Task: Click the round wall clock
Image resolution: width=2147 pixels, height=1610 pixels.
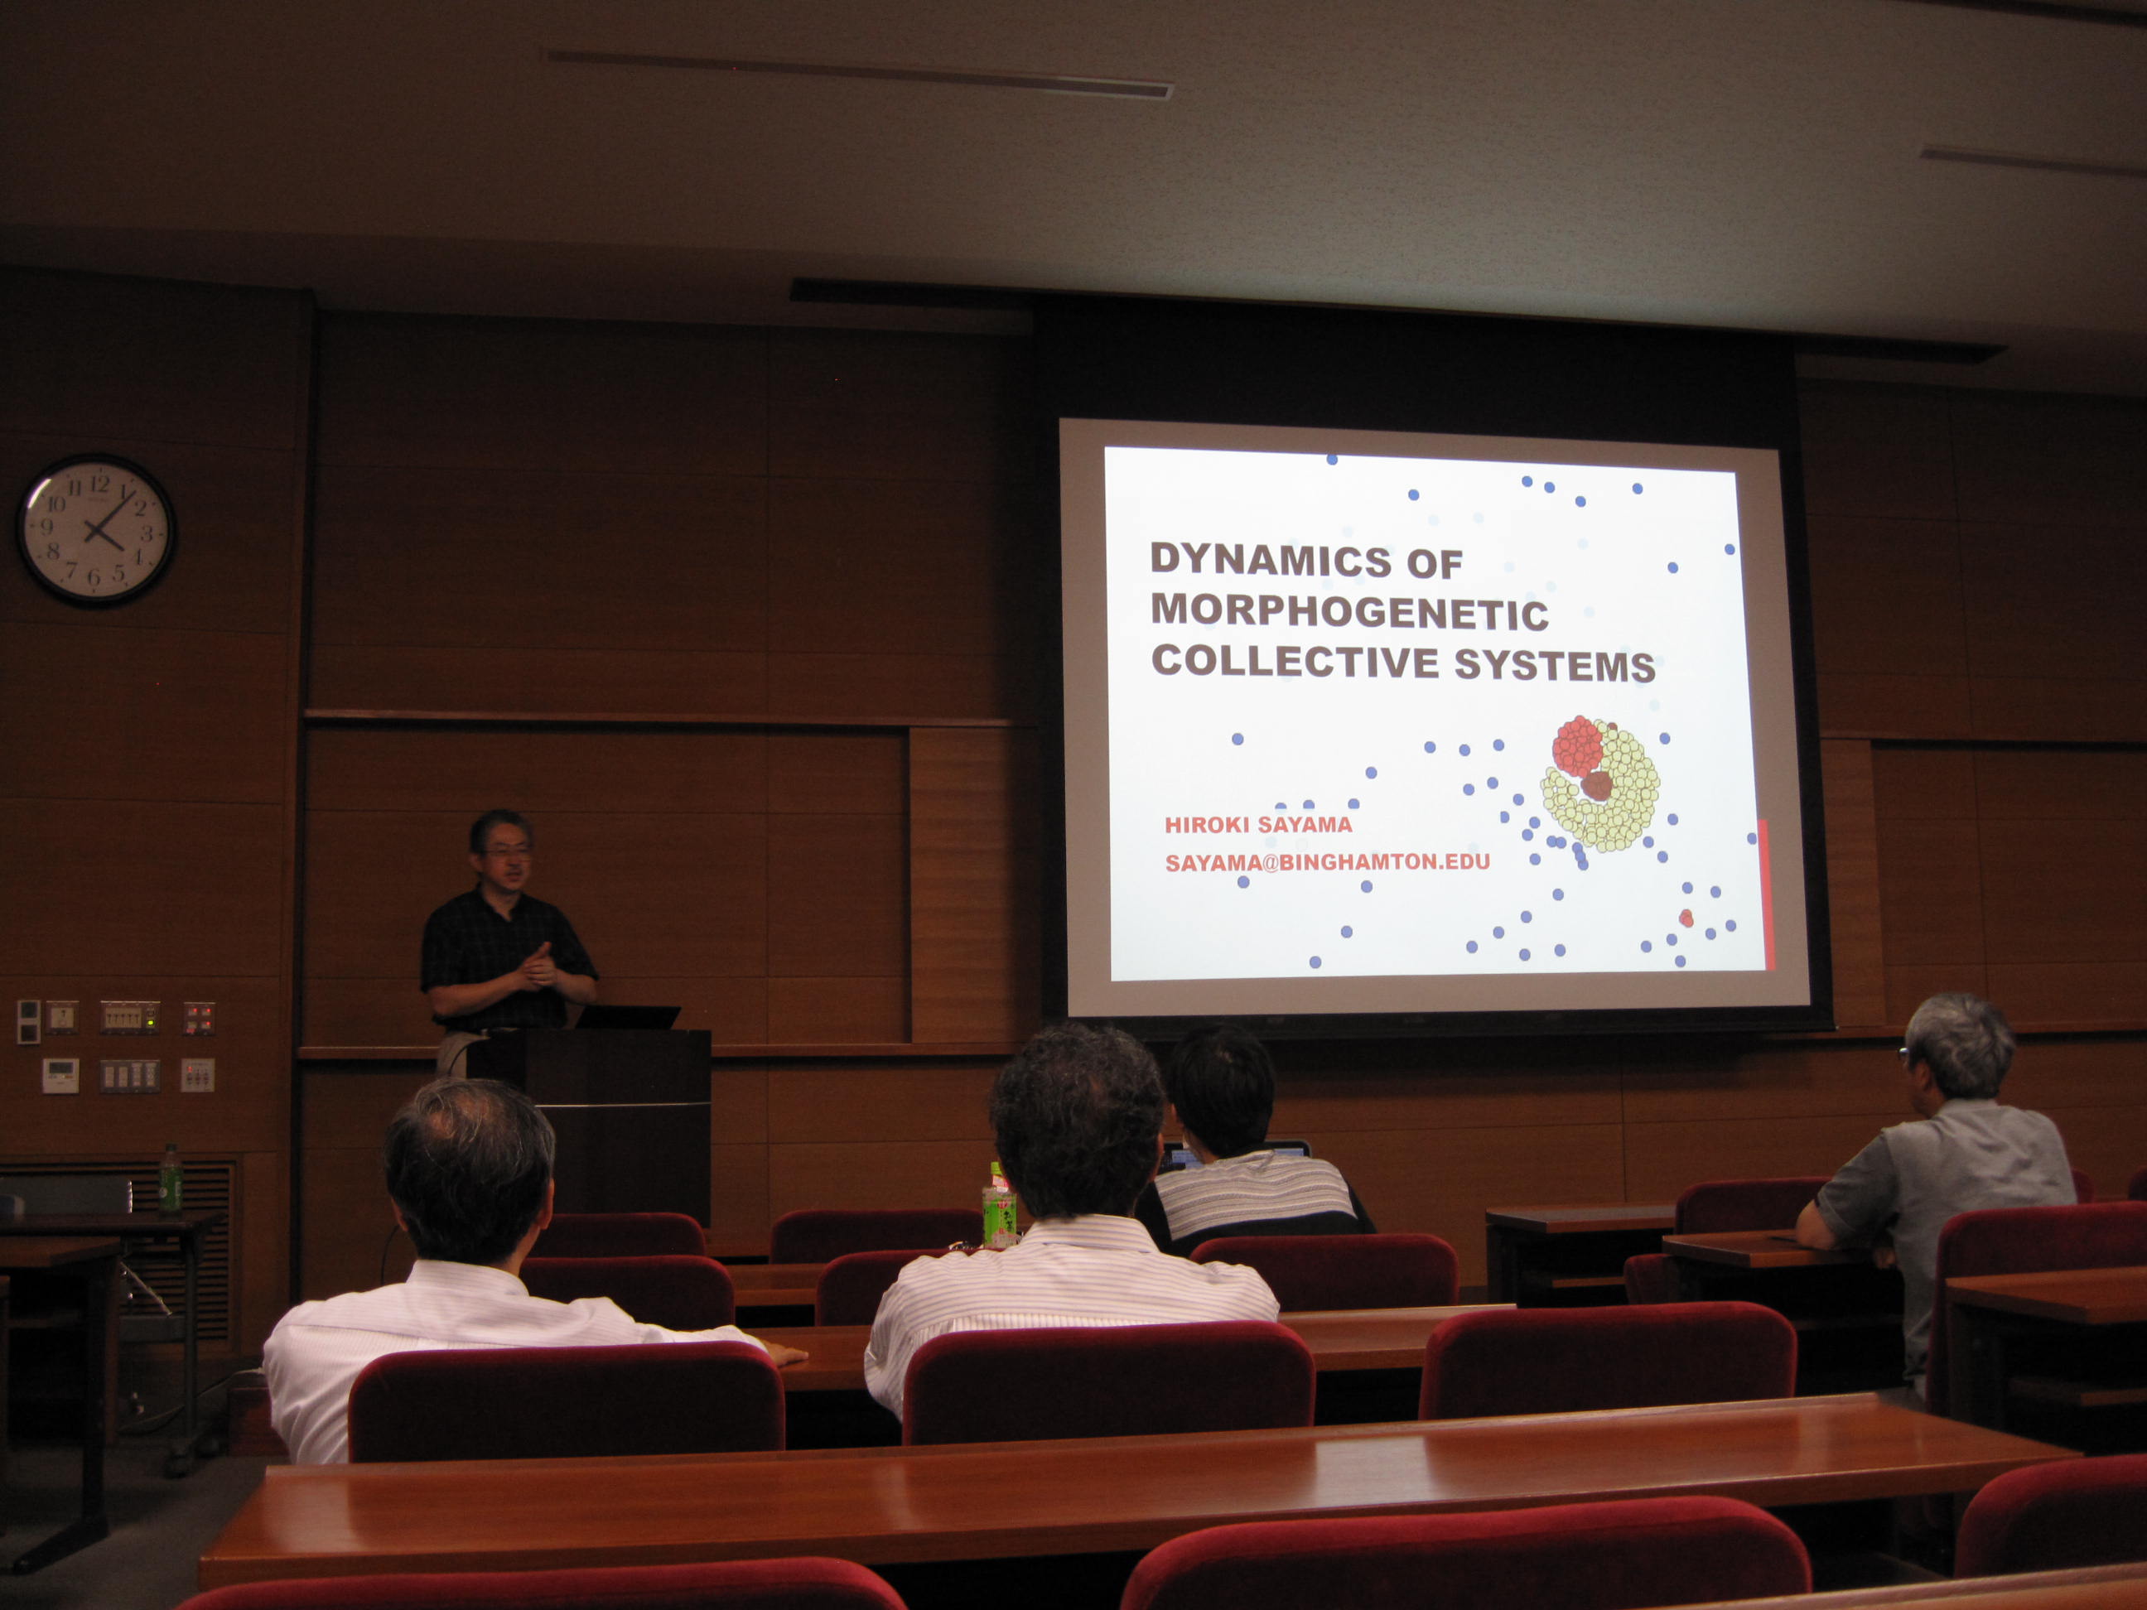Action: (x=96, y=530)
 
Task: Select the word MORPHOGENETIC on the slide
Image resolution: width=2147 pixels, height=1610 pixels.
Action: (x=1349, y=611)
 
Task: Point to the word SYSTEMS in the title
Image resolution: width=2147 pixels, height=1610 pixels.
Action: (x=1554, y=666)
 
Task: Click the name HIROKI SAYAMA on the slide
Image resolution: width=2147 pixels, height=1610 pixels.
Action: (x=1258, y=825)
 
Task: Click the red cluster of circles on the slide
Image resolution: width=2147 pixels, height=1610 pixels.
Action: (x=1577, y=745)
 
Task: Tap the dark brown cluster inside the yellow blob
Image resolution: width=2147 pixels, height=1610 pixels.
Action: (x=1597, y=785)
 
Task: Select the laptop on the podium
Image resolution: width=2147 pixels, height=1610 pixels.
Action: (x=627, y=1016)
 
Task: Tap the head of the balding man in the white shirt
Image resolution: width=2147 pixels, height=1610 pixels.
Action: (x=470, y=1170)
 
